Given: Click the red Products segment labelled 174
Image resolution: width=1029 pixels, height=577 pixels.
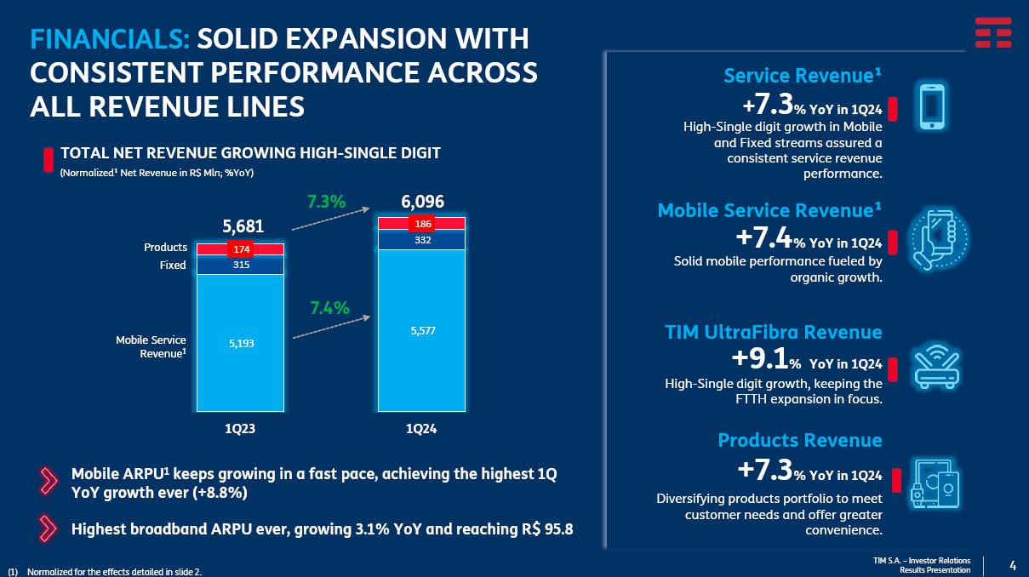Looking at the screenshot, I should click(x=240, y=249).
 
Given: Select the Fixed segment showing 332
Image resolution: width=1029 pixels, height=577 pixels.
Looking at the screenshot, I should click(x=422, y=241).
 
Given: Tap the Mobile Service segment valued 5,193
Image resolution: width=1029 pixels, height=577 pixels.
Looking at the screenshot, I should click(x=240, y=343).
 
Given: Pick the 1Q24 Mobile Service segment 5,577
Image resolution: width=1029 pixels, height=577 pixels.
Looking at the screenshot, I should click(x=422, y=330).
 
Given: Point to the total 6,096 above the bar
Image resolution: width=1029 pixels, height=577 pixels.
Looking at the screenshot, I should click(x=422, y=202).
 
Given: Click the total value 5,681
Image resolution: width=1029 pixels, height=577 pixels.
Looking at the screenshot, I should click(x=243, y=226).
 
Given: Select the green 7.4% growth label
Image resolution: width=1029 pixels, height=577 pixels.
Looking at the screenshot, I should click(x=329, y=308).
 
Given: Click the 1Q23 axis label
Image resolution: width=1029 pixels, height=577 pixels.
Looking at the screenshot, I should click(x=240, y=430).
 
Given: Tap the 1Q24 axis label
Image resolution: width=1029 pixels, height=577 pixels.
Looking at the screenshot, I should click(x=422, y=430).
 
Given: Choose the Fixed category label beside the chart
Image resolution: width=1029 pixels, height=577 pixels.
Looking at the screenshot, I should click(x=173, y=266).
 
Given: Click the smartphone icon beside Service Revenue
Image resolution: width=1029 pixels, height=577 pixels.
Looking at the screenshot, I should click(x=933, y=108).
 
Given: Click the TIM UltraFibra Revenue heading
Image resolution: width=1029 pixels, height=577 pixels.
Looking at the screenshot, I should click(x=773, y=332).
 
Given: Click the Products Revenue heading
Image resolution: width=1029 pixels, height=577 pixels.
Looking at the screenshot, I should click(x=799, y=440).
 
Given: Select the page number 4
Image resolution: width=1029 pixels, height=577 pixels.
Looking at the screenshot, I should click(x=1012, y=565).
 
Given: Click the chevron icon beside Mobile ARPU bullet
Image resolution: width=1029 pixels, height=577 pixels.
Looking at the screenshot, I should click(x=50, y=483).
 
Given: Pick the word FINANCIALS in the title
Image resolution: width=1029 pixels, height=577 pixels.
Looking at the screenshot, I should click(x=109, y=38).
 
